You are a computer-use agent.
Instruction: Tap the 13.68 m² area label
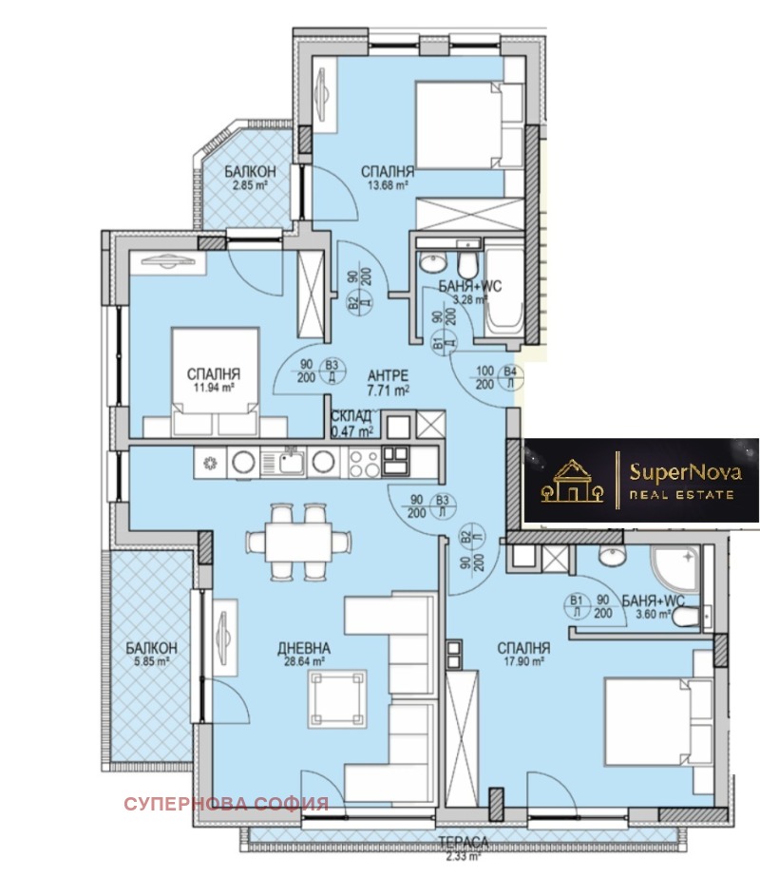pyautogui.click(x=388, y=187)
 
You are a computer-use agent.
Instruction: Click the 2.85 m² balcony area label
pyautogui.click(x=250, y=184)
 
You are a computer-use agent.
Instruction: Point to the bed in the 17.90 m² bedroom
pyautogui.click(x=656, y=722)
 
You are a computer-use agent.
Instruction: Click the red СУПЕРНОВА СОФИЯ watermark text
pyautogui.click(x=225, y=803)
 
